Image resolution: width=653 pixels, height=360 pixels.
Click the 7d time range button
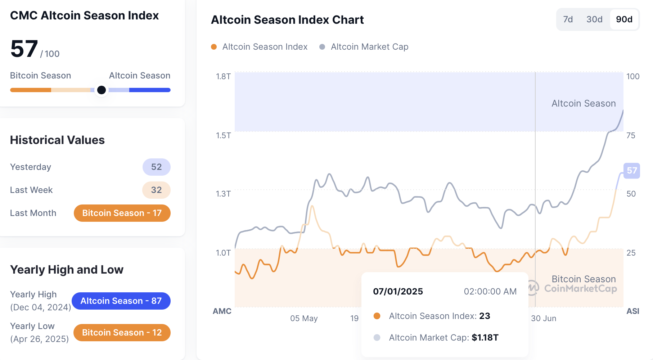pos(568,19)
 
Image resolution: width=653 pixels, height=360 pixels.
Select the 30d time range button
pos(594,19)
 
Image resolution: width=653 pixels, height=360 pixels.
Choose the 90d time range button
pos(624,19)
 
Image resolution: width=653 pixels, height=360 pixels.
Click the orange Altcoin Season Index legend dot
pos(214,47)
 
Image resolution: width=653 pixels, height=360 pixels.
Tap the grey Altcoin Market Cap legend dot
pos(322,47)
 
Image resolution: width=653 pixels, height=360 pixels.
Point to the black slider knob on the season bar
pos(102,90)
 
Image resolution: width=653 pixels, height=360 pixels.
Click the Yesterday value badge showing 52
pos(156,167)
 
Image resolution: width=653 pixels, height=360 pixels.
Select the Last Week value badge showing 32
pos(156,190)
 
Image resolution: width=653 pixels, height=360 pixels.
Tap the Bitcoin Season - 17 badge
pos(122,213)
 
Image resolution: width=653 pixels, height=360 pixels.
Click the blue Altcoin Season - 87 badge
pos(121,301)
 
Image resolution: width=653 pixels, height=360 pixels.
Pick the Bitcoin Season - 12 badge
pos(122,333)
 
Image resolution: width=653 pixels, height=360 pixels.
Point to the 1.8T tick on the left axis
pos(223,76)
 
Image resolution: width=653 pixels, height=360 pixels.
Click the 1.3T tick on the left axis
pos(223,194)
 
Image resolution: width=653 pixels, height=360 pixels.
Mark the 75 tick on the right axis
pos(631,135)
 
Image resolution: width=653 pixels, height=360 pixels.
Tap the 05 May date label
pos(304,319)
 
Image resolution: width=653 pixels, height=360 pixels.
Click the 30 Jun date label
pos(544,319)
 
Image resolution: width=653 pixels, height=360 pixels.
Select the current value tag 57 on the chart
pos(632,171)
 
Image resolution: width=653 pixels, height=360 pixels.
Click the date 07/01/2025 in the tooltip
pos(398,292)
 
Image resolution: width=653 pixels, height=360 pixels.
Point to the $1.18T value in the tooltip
pos(485,338)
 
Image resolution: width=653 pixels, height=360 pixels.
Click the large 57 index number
pos(24,49)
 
